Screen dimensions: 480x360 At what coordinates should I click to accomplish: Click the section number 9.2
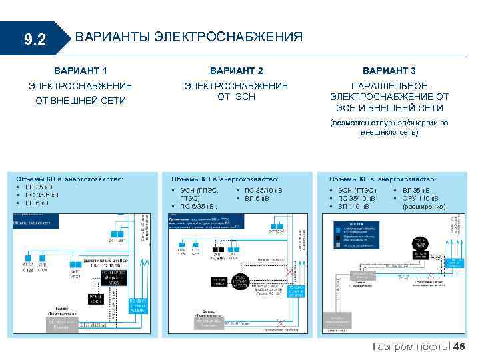35,40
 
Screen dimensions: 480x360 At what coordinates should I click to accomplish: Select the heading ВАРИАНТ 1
80,71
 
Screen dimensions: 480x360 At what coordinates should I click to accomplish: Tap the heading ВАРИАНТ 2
236,71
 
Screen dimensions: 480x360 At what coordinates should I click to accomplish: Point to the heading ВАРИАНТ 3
389,71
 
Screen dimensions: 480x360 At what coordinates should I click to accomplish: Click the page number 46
460,346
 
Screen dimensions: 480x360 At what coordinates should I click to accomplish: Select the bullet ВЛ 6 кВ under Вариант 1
41,203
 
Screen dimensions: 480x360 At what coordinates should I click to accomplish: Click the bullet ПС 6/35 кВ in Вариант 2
199,206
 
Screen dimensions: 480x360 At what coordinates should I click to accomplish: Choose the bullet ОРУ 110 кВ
421,198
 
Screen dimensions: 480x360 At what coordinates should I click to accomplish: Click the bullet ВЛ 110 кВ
357,206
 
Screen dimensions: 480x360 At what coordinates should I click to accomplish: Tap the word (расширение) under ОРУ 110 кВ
424,206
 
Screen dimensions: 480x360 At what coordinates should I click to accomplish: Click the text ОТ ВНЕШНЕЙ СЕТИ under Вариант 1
80,101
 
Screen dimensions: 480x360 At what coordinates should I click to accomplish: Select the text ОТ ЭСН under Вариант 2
236,97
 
